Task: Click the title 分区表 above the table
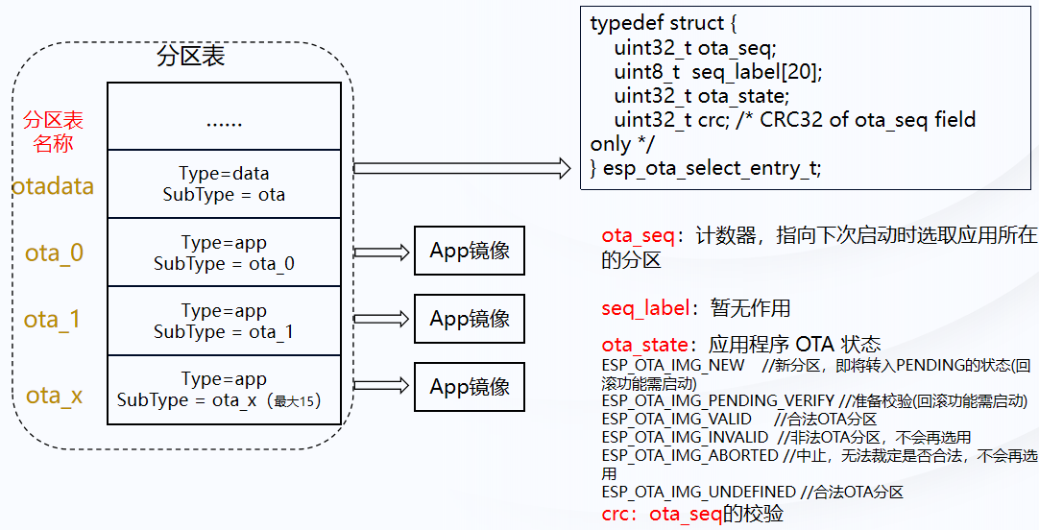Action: click(x=191, y=56)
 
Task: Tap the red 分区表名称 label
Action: click(x=53, y=132)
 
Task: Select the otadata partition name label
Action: click(x=53, y=186)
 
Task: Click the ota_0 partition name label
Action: click(x=55, y=253)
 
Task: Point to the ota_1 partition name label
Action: click(x=53, y=320)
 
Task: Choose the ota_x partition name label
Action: click(x=55, y=396)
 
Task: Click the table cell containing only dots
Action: click(x=224, y=116)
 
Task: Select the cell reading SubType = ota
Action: click(x=224, y=184)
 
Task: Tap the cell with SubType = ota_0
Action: click(x=224, y=253)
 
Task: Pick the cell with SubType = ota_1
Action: click(x=224, y=321)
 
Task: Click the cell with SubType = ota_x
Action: click(x=224, y=390)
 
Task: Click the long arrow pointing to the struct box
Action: click(x=462, y=168)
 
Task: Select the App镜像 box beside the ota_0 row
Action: click(x=470, y=251)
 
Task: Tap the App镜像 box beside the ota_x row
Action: click(x=470, y=386)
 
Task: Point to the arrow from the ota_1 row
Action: click(x=381, y=319)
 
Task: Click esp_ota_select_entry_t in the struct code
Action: click(x=712, y=168)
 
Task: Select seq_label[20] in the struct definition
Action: click(x=757, y=72)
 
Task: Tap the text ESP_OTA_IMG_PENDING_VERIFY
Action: click(x=717, y=400)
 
